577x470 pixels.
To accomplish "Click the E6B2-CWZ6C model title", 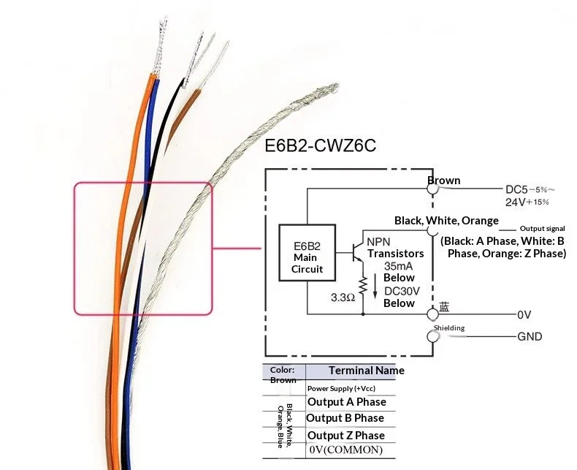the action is pyautogui.click(x=320, y=145).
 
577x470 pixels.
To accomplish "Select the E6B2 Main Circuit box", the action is pyautogui.click(x=307, y=253).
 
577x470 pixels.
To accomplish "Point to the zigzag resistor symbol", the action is pyautogui.click(x=363, y=285).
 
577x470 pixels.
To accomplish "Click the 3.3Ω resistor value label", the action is pyautogui.click(x=343, y=297).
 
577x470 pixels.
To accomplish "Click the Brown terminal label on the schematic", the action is pyautogui.click(x=444, y=181).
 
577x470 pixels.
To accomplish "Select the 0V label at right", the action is pyautogui.click(x=524, y=315).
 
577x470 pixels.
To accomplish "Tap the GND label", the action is pyautogui.click(x=530, y=337).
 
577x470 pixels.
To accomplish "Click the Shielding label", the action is pyautogui.click(x=449, y=327).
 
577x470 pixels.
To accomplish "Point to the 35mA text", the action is pyautogui.click(x=398, y=266).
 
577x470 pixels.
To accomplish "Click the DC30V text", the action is pyautogui.click(x=402, y=291).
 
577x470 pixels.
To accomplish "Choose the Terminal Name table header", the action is pyautogui.click(x=366, y=370).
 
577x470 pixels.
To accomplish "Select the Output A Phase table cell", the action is pyautogui.click(x=347, y=402).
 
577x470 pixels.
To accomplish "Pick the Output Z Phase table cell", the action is pyautogui.click(x=346, y=436).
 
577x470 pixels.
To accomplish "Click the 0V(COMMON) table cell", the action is pyautogui.click(x=346, y=450).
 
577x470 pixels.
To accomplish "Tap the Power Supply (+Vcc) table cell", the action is pyautogui.click(x=342, y=388).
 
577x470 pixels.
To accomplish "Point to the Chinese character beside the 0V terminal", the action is pyautogui.click(x=444, y=307).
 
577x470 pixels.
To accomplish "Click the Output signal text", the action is pyautogui.click(x=542, y=228).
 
